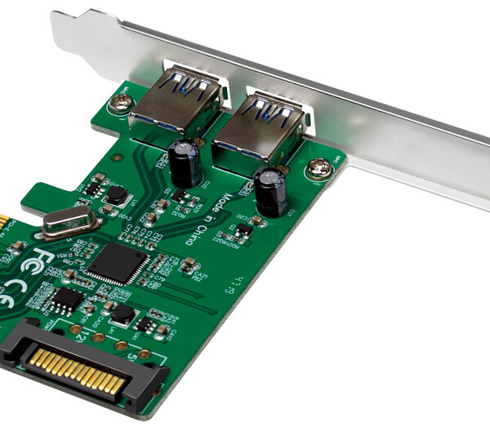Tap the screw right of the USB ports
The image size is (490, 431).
click(319, 170)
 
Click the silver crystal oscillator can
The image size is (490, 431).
click(70, 222)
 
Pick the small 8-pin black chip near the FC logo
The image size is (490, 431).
click(67, 300)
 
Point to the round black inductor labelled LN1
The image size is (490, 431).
click(118, 194)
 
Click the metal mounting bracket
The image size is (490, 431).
click(392, 122)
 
